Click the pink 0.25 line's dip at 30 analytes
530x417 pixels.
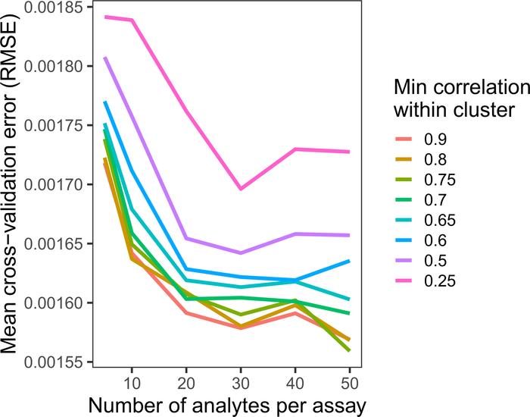240,189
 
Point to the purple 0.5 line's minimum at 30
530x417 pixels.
240,252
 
